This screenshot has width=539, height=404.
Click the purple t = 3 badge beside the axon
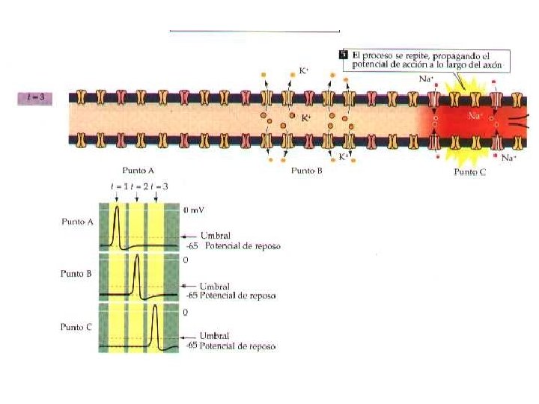34,97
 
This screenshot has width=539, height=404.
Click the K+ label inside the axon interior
305,118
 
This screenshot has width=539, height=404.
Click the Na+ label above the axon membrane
425,78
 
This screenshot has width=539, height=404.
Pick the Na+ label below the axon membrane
509,158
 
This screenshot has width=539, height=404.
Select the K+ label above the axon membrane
305,70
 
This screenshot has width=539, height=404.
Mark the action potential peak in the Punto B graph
137,259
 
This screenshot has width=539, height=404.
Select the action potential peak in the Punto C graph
155,308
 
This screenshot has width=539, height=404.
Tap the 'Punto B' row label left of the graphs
76,273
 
